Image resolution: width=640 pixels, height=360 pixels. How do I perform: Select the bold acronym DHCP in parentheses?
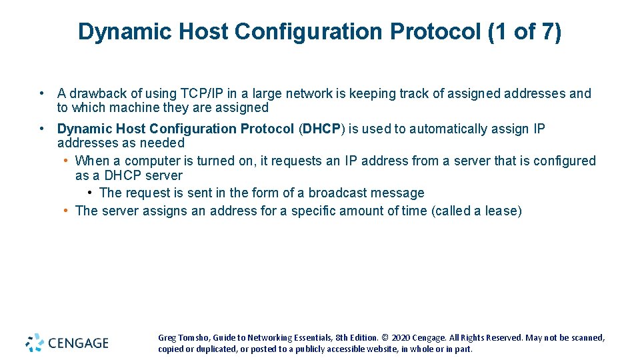(x=321, y=129)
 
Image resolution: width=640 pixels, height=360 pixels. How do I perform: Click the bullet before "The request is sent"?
(x=90, y=193)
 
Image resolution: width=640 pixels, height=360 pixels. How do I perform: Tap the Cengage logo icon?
(x=35, y=343)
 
